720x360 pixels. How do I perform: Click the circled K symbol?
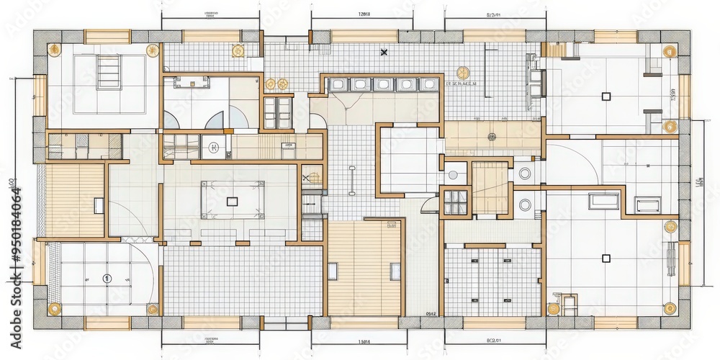point(214,148)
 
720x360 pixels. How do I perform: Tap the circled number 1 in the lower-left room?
point(107,278)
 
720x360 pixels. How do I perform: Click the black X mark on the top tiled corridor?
point(384,53)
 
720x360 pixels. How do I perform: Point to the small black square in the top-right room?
point(606,95)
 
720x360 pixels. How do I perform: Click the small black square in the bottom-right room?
point(606,258)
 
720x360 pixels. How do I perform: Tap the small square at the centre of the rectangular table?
point(232,201)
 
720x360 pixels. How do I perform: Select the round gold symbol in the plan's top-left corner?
point(53,50)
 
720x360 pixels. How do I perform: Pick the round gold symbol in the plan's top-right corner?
point(669,51)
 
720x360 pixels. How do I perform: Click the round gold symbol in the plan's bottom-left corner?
point(53,309)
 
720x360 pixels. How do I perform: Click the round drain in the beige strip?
point(492,136)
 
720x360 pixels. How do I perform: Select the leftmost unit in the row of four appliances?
point(338,85)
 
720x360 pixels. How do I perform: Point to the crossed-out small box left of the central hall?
point(306,176)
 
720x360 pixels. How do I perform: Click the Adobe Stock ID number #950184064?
point(16,238)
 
